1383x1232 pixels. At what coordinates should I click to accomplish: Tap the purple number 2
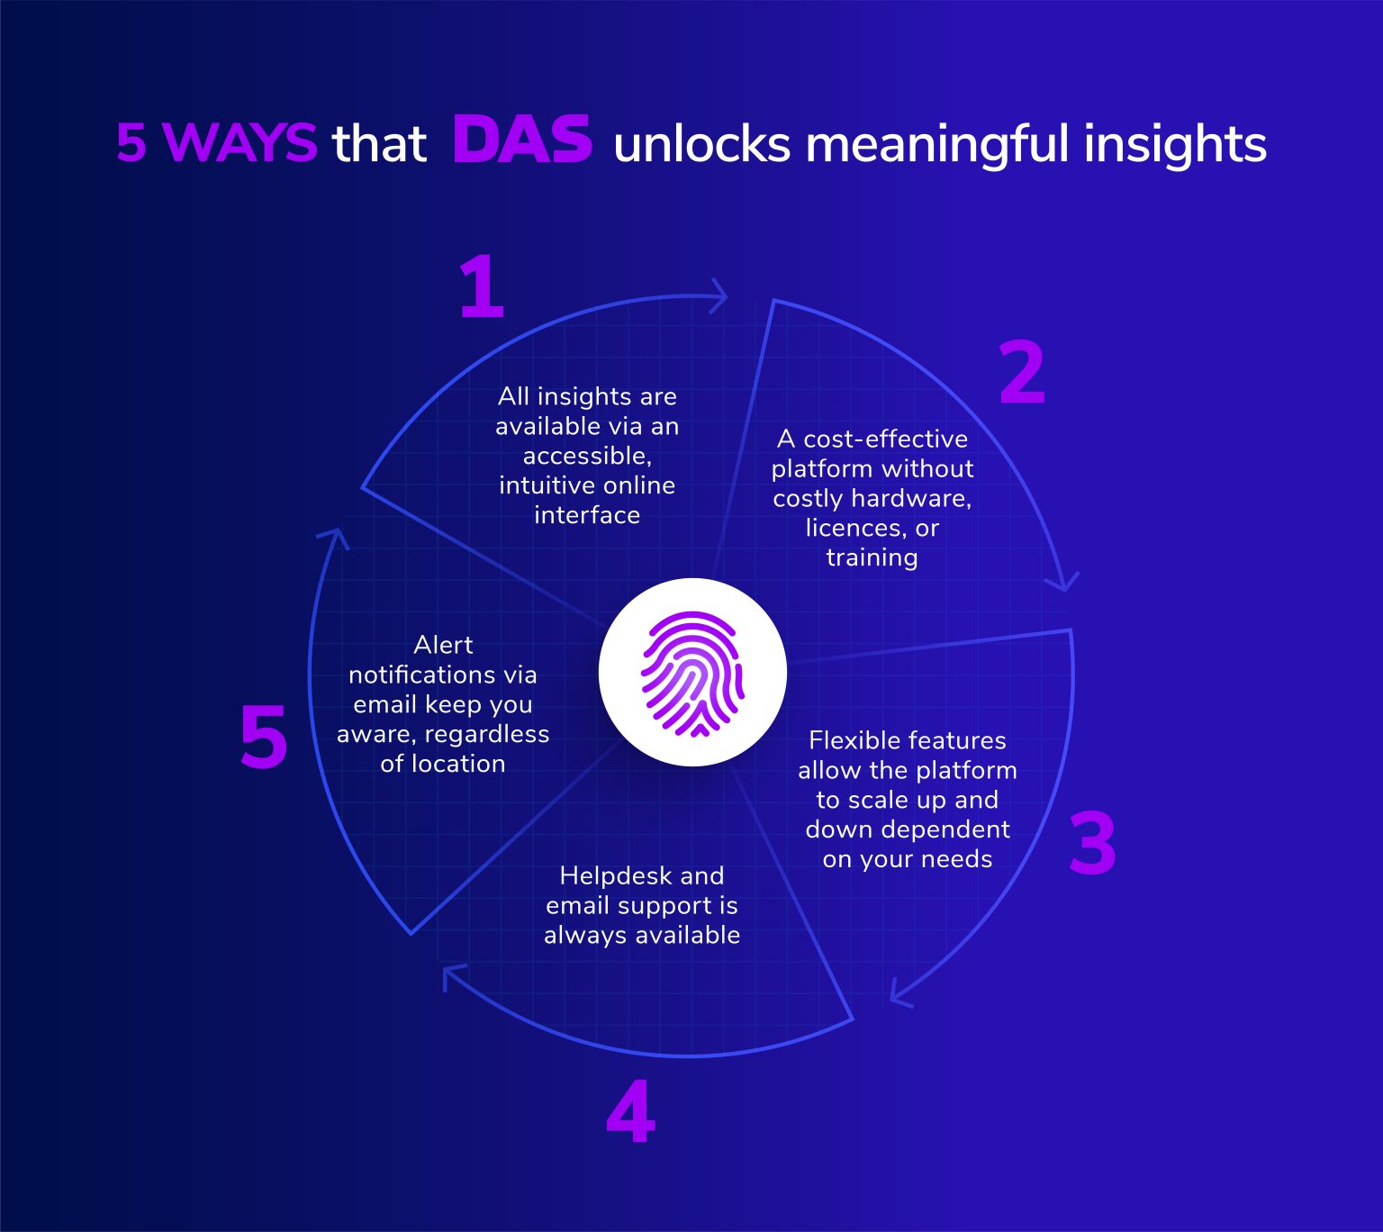[1022, 372]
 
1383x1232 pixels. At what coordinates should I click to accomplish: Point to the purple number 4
[630, 1111]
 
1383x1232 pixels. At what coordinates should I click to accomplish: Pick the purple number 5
[264, 737]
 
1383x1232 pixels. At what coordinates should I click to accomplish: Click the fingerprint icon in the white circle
[692, 674]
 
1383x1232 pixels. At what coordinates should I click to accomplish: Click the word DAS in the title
[522, 140]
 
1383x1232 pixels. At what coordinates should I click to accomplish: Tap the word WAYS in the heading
[240, 142]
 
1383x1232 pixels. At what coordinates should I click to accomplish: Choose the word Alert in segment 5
[443, 645]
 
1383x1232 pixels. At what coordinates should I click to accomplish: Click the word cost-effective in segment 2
[885, 439]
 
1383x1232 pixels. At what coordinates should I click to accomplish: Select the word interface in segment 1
[587, 515]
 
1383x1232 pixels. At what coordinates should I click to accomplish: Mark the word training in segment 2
[872, 558]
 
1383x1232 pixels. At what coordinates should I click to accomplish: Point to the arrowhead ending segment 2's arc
[1062, 583]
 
